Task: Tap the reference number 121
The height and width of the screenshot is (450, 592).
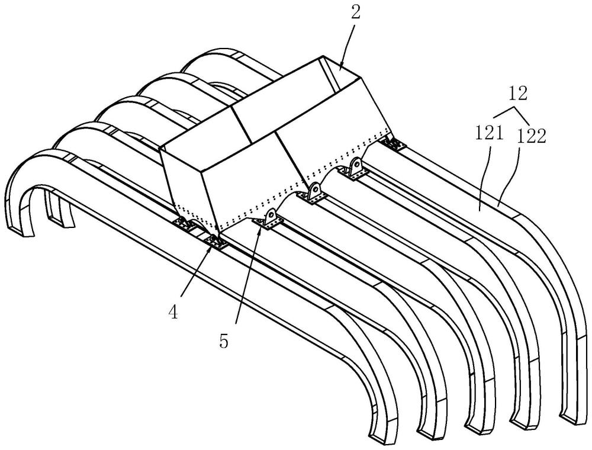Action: [489, 134]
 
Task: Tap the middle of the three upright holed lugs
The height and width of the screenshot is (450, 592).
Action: [314, 191]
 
